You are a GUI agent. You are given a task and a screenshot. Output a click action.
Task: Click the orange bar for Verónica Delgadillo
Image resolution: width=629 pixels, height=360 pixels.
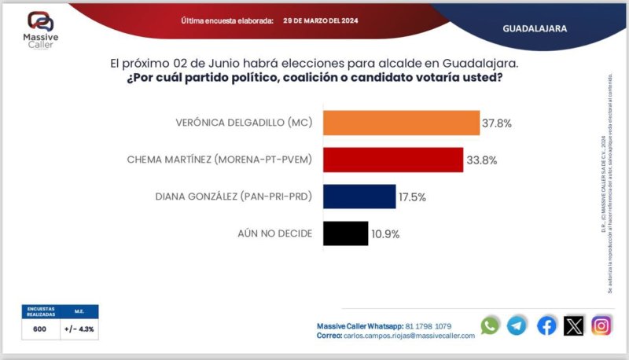click(401, 123)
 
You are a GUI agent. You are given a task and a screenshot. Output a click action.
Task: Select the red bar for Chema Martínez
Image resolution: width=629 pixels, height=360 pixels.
click(393, 160)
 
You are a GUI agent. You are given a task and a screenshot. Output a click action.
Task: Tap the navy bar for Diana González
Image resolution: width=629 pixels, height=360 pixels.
click(359, 197)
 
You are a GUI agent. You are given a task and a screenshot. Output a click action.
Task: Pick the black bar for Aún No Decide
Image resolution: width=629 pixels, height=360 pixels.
click(346, 233)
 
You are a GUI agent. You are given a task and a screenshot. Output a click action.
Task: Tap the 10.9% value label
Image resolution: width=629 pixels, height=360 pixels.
click(385, 234)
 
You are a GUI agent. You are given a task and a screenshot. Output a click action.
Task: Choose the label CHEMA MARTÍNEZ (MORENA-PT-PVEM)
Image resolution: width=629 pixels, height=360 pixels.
click(220, 160)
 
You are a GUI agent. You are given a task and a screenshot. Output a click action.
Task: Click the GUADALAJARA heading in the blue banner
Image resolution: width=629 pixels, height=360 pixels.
click(535, 28)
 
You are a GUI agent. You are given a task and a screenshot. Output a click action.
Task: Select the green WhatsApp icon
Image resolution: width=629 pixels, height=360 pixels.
click(490, 325)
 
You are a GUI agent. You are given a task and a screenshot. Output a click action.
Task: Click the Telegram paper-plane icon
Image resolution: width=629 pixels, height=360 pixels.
click(517, 325)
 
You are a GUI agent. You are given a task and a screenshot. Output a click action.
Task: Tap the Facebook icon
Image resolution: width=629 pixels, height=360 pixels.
click(546, 325)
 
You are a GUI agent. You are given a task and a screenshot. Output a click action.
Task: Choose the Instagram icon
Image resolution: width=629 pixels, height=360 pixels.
click(601, 325)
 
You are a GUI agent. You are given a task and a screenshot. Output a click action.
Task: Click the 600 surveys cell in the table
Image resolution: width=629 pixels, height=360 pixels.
click(39, 329)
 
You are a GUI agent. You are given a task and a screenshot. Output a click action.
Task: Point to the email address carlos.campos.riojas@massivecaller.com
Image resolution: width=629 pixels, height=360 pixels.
click(409, 336)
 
